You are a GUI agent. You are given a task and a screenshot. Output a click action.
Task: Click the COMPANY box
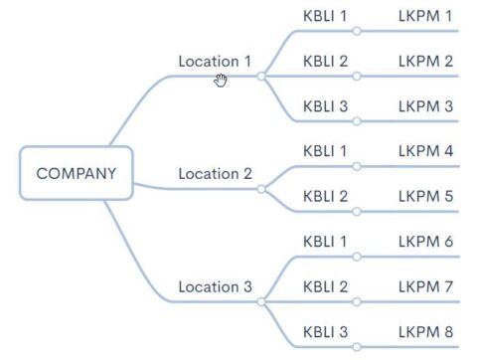(x=76, y=173)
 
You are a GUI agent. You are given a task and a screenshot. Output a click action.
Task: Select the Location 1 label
(x=215, y=61)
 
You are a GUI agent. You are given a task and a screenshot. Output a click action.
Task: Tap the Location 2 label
(x=215, y=173)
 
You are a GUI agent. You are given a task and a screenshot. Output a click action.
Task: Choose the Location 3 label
(x=215, y=286)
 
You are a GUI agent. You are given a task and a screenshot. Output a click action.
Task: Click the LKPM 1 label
(x=425, y=16)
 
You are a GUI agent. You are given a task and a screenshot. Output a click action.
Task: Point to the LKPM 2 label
(x=425, y=61)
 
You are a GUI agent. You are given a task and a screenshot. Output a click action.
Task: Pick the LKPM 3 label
(x=425, y=105)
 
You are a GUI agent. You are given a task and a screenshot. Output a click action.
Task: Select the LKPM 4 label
(x=425, y=151)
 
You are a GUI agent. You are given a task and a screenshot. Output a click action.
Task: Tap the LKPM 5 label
(x=425, y=196)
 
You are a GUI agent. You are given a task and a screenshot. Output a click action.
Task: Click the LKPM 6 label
(x=425, y=242)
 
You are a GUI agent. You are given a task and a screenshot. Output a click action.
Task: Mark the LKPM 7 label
(x=425, y=286)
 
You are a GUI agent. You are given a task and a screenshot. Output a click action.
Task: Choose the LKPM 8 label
(x=425, y=331)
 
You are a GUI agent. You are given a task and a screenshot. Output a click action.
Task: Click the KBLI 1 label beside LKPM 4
(x=325, y=151)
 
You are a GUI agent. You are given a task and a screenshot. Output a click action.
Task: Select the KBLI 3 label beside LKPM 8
(x=325, y=331)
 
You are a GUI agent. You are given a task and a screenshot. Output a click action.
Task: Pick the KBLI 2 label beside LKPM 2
(x=325, y=61)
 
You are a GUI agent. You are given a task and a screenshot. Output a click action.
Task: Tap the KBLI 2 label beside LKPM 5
(x=325, y=196)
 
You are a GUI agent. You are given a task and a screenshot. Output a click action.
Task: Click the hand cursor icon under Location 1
(x=221, y=80)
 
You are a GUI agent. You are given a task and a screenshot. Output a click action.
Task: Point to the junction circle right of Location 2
(x=261, y=188)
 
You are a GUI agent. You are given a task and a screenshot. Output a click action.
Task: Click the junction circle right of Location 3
(x=261, y=300)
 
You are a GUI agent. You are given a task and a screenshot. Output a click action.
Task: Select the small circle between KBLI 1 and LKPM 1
(x=356, y=31)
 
